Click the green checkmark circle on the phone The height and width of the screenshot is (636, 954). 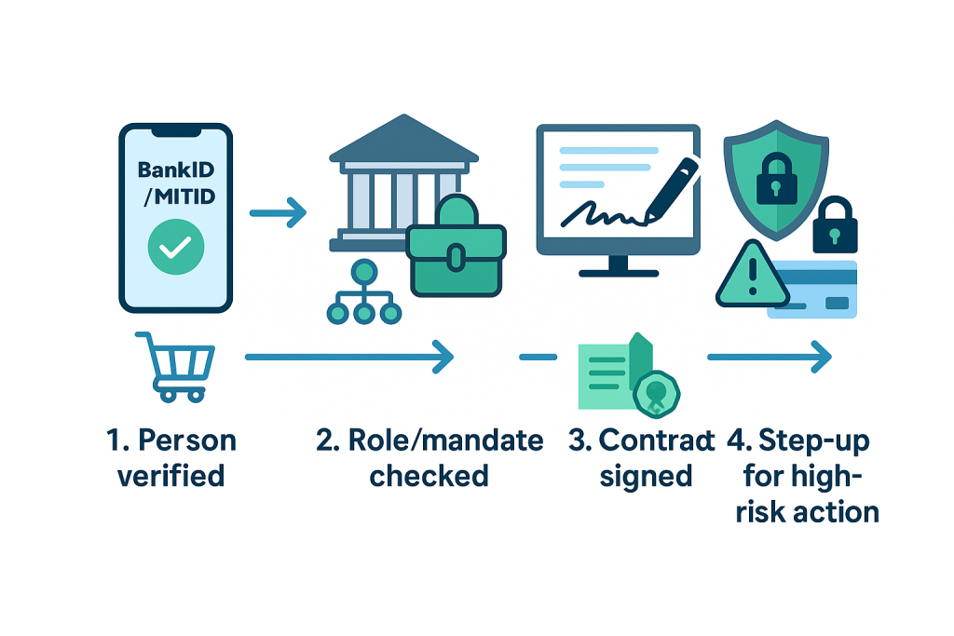(x=175, y=247)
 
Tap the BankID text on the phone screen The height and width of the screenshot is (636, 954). (x=175, y=170)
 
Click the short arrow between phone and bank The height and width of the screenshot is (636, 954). (x=278, y=213)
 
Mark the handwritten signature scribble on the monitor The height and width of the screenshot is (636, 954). (x=600, y=211)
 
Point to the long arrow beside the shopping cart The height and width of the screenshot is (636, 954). (x=348, y=356)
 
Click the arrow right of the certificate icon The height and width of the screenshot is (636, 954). (x=769, y=356)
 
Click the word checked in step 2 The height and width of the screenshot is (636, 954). (x=429, y=476)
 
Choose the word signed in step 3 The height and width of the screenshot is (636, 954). (x=646, y=476)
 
